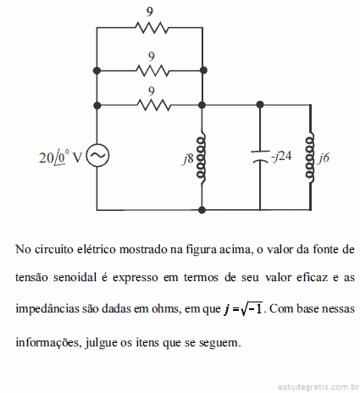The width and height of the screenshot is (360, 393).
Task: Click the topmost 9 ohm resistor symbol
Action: point(152,28)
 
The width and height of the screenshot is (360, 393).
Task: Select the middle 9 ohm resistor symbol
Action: point(152,70)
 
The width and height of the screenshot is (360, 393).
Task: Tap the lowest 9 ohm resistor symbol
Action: point(154,105)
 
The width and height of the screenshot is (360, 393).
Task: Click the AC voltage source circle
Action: point(97,155)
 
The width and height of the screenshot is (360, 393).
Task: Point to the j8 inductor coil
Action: point(202,158)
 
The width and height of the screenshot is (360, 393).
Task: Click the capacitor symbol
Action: point(260,157)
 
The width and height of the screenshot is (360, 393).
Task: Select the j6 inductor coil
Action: point(310,158)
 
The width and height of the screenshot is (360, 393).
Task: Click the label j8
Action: point(188,158)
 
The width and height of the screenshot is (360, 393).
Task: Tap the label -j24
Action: point(281,156)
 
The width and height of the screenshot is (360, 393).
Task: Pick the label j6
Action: point(324,158)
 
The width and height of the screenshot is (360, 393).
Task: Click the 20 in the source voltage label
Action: point(46,158)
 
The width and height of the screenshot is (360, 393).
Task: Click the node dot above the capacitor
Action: point(260,105)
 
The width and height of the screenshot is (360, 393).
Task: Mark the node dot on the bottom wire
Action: point(202,210)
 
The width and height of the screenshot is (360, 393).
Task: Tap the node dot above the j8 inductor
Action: point(202,105)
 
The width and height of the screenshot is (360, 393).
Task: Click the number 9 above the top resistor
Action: point(150,12)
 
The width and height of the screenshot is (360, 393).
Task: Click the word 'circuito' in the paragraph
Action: point(54,249)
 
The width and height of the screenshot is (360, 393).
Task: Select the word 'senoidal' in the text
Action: point(75,277)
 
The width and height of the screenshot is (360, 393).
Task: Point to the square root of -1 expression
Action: point(252,308)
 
